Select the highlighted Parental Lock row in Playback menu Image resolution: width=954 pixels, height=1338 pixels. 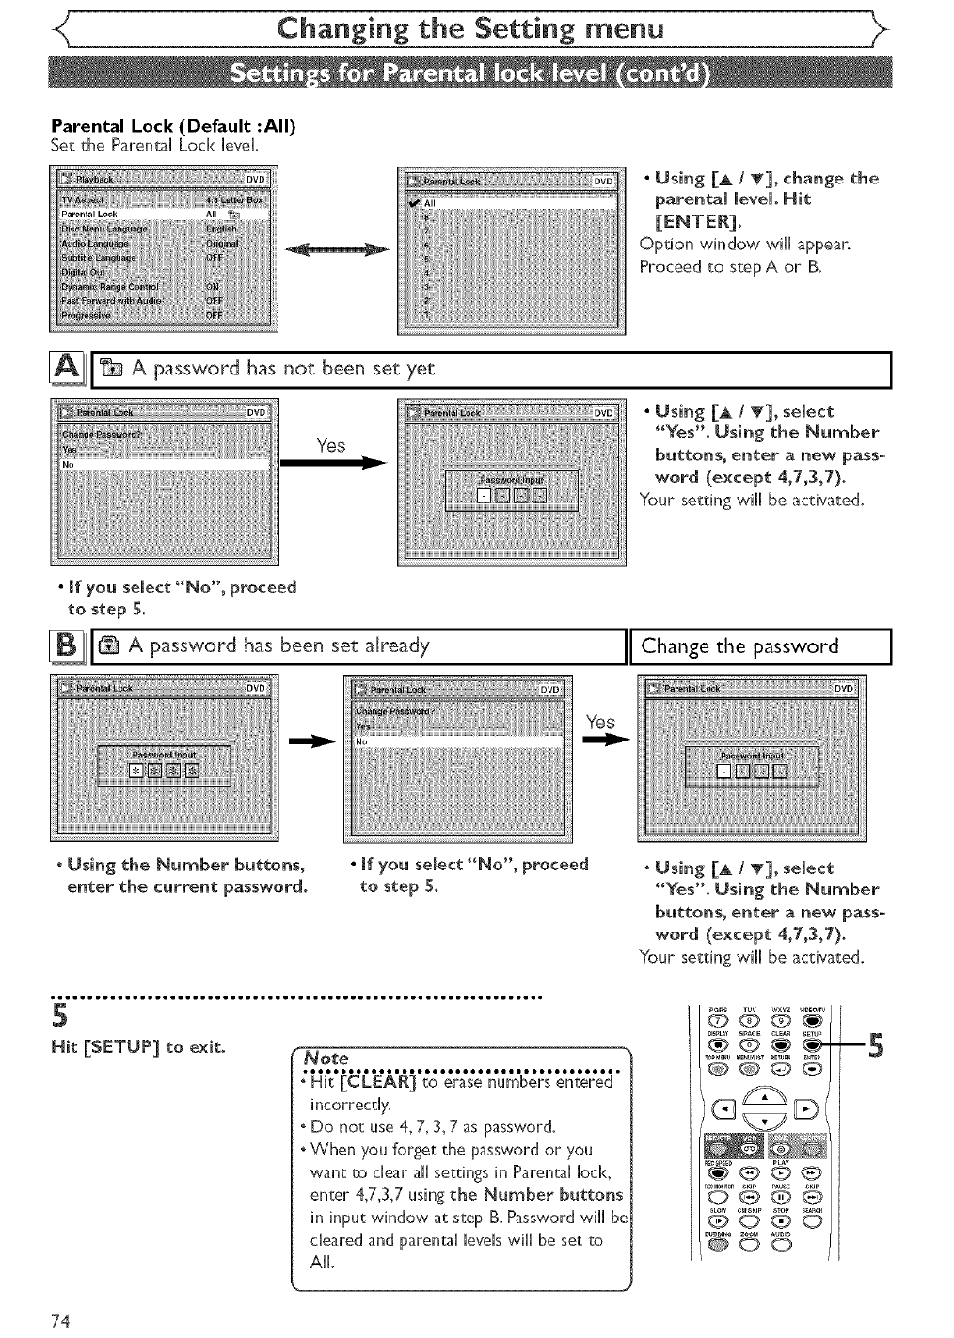(164, 214)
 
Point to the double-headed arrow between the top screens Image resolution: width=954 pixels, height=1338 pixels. (337, 250)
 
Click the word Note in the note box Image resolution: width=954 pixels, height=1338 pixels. (322, 1058)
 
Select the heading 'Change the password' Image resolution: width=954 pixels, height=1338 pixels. (739, 646)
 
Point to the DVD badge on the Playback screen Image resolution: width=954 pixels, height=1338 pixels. (257, 179)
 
